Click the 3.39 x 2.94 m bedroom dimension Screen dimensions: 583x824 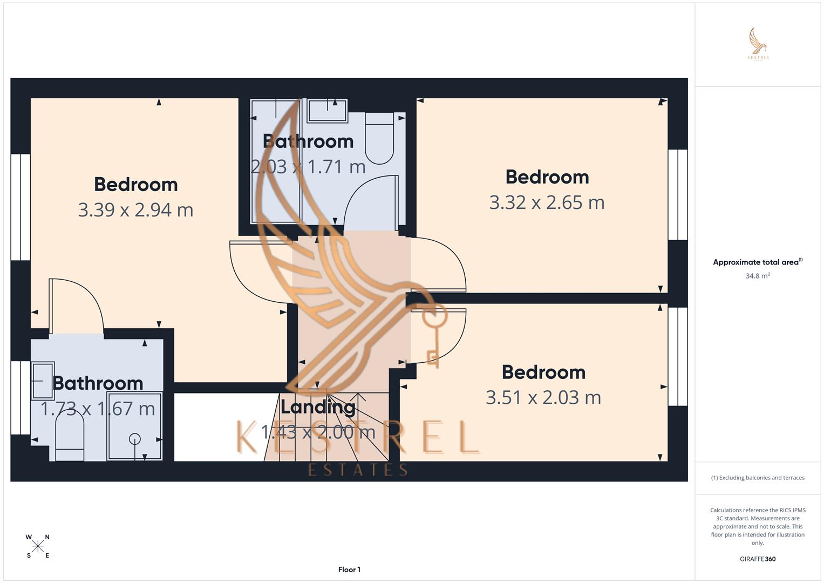coord(135,210)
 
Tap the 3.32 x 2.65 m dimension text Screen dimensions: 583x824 coord(547,202)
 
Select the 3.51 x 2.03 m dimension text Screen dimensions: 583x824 coord(543,398)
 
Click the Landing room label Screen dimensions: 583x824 coord(318,406)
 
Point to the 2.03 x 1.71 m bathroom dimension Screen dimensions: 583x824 coord(308,167)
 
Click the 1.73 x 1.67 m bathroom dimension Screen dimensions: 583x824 coord(98,409)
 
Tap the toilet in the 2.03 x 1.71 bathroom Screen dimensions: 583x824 coord(380,138)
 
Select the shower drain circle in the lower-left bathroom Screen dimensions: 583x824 coord(135,439)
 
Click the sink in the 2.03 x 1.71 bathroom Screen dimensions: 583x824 coord(326,111)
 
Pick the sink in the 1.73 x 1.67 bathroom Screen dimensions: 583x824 coord(43,380)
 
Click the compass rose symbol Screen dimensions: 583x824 coord(38,546)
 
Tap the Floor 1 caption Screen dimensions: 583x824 coord(349,570)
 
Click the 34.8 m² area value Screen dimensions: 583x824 coord(758,276)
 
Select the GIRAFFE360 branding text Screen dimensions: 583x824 coord(758,559)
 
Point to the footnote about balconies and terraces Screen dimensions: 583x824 coord(758,478)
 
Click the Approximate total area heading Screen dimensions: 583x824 coord(757,262)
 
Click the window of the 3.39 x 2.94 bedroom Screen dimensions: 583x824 coord(21,207)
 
